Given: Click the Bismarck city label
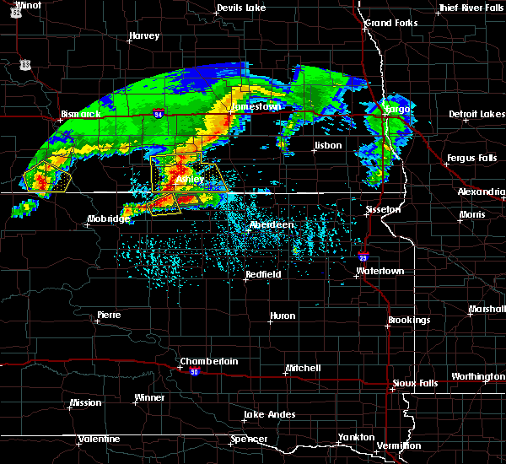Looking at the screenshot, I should (81, 114).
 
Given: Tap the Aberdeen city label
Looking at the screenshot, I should (272, 225).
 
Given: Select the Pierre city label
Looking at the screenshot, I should (108, 315).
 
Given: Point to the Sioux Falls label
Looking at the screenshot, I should (415, 384).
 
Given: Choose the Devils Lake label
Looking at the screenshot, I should (241, 8).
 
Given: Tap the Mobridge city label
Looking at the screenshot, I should (109, 219).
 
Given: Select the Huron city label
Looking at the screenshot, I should (282, 316).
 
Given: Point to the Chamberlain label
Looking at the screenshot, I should (209, 361).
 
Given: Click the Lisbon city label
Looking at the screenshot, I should (327, 145).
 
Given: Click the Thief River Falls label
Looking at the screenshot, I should (471, 8).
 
